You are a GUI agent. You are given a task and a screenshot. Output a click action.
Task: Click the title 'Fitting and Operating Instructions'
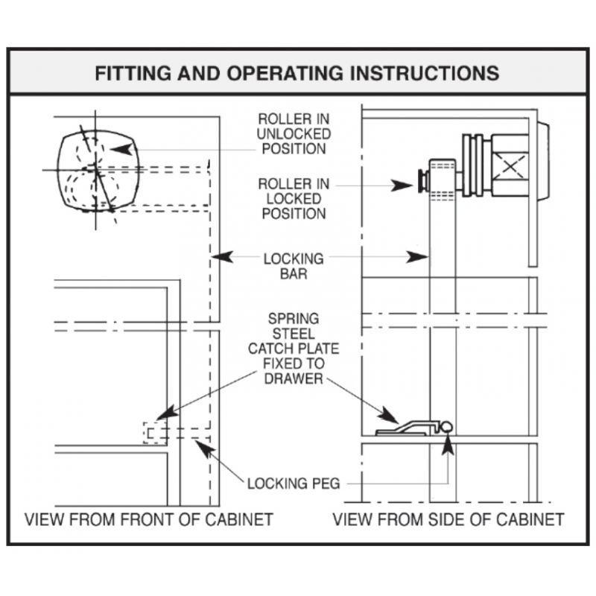297,73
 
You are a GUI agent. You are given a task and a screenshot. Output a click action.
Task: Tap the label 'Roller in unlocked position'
294,134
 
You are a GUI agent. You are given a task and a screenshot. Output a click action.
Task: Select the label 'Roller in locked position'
294,199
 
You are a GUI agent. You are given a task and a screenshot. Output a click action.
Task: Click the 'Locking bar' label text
294,266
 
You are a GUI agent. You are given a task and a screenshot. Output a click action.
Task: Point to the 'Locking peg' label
294,484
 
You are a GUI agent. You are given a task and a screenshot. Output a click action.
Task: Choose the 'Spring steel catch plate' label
294,349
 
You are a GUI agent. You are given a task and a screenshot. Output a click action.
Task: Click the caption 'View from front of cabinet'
149,519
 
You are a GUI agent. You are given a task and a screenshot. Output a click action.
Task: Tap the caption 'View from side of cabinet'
448,519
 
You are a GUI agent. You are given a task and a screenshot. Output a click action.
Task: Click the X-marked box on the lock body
510,165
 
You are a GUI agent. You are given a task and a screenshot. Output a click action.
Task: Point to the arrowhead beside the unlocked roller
121,150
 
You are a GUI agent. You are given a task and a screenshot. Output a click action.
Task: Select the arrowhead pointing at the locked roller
402,186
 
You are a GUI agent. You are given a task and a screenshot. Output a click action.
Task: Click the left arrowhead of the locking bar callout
222,256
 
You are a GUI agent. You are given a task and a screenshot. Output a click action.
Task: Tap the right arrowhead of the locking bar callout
417,257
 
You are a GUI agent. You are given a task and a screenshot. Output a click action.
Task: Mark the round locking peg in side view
446,427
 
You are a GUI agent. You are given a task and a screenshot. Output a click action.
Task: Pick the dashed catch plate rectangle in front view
155,433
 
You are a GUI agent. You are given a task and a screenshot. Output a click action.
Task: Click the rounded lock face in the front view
98,170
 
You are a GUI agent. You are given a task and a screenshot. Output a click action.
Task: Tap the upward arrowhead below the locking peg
449,444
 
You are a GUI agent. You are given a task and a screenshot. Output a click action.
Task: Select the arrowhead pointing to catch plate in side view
389,415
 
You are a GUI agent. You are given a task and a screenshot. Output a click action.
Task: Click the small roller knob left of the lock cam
422,181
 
